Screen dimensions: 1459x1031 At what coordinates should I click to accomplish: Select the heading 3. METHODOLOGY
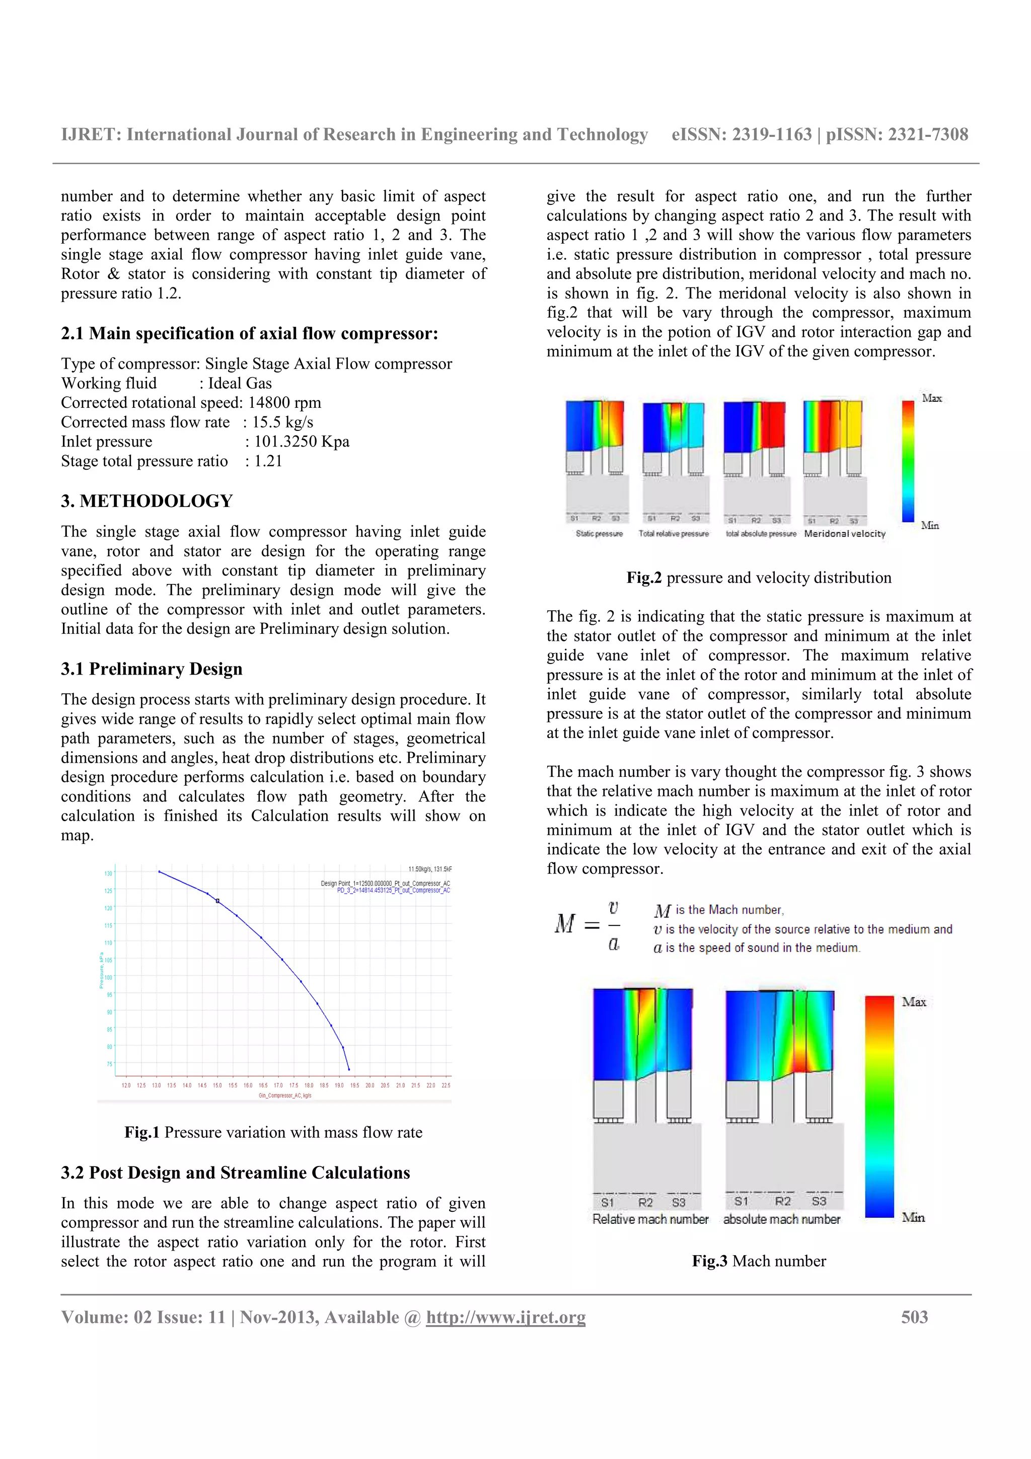click(146, 501)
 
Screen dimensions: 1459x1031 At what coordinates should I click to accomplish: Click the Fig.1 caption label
click(141, 1132)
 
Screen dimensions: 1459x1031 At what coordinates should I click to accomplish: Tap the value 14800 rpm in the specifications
click(284, 402)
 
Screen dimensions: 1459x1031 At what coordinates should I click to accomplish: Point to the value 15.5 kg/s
click(283, 422)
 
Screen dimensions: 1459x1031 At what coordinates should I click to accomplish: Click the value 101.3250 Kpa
click(302, 441)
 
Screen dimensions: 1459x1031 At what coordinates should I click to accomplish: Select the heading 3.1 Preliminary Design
click(152, 669)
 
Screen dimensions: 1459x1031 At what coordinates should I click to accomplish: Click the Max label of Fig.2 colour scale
click(931, 398)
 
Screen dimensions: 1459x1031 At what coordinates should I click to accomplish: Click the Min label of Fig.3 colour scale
click(913, 1217)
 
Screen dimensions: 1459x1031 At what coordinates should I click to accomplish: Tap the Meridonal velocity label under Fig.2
click(844, 534)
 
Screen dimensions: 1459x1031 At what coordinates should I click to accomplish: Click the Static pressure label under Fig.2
click(599, 534)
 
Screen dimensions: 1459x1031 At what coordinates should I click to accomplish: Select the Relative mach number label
click(650, 1219)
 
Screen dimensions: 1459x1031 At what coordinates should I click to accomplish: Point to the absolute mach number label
click(781, 1219)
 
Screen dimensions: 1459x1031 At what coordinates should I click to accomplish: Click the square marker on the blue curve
click(217, 901)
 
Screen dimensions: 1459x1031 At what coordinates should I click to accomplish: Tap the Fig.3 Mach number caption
click(759, 1261)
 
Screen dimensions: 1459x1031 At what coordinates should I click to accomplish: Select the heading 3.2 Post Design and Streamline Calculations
click(235, 1173)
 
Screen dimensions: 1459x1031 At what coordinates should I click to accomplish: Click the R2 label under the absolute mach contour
click(783, 1201)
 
